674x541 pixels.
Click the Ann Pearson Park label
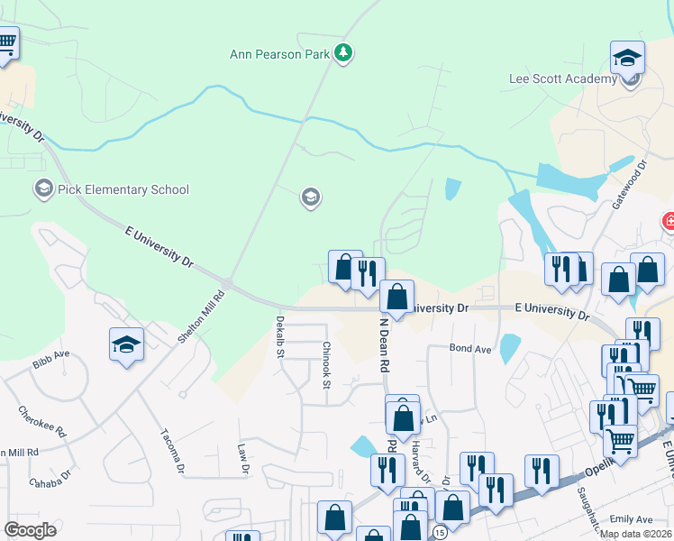(278, 55)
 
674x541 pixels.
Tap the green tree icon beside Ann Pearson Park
(342, 54)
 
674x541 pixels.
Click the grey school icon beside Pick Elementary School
(42, 189)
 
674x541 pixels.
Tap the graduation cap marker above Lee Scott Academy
(627, 60)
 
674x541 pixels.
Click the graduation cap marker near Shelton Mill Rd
(127, 344)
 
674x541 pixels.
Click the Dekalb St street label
(279, 337)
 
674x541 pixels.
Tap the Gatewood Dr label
(630, 186)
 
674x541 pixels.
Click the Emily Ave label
(631, 520)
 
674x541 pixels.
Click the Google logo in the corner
(31, 529)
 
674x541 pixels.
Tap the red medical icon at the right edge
(668, 221)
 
